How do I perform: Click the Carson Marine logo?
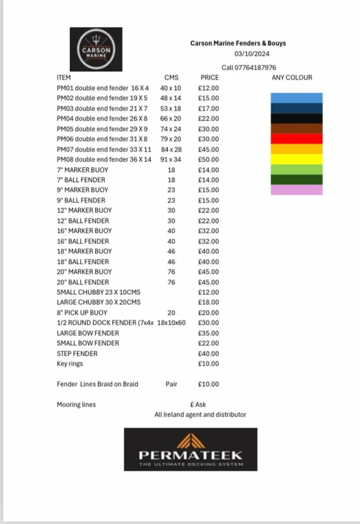click(x=96, y=49)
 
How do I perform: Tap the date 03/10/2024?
click(x=252, y=54)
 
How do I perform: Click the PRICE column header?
click(x=210, y=78)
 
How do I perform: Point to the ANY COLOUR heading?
click(x=292, y=78)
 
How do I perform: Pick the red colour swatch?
click(x=297, y=139)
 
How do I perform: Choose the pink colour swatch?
click(x=297, y=190)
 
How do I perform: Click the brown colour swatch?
click(x=297, y=128)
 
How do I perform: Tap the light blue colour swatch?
click(x=297, y=98)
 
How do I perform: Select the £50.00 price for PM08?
click(x=208, y=159)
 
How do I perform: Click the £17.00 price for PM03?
click(x=208, y=108)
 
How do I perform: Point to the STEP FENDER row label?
click(x=77, y=353)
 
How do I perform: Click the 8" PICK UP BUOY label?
click(x=82, y=313)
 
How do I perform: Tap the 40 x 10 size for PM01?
click(x=171, y=88)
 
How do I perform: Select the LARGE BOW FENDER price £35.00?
click(x=208, y=333)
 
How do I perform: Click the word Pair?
click(x=171, y=384)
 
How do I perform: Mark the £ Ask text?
click(x=198, y=404)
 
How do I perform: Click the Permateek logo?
click(x=190, y=449)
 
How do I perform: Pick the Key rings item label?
click(x=70, y=364)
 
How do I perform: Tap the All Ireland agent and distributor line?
click(x=200, y=414)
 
